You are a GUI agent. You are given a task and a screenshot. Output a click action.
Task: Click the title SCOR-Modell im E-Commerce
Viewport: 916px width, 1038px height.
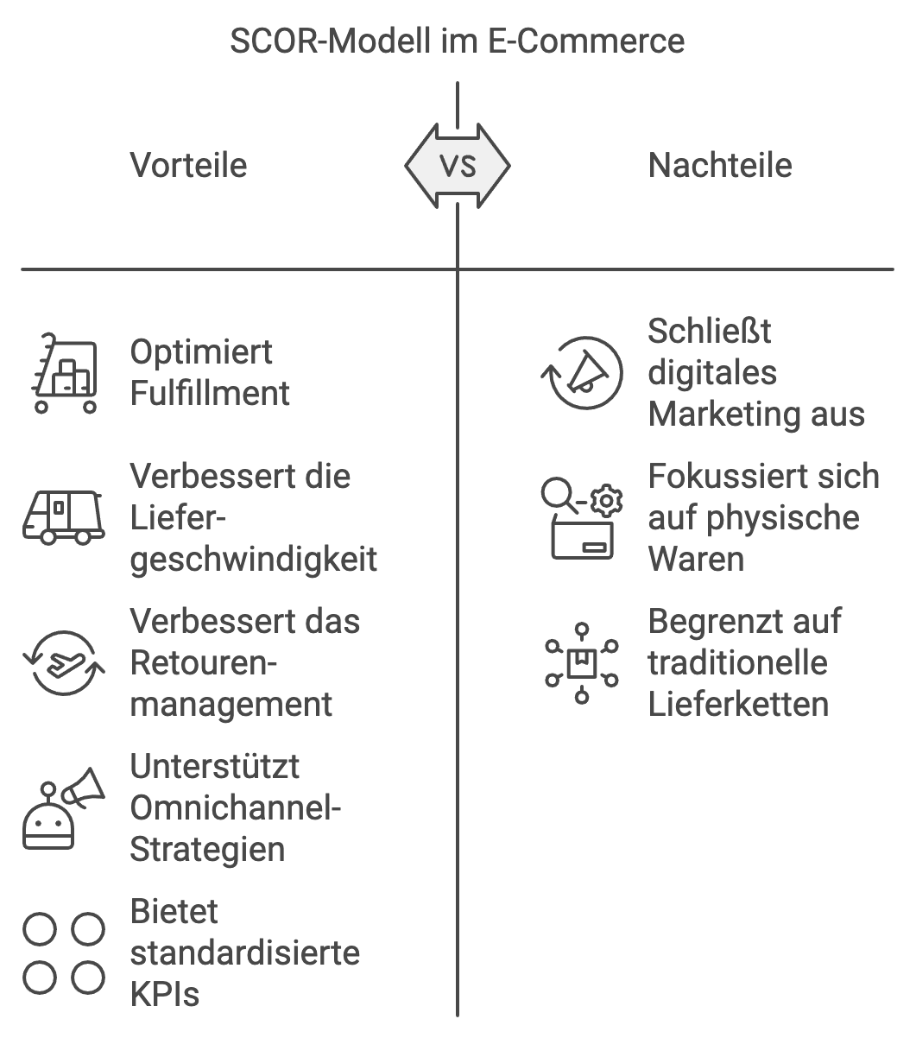point(457,41)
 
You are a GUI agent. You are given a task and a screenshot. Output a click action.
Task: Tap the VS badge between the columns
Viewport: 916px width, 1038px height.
point(458,165)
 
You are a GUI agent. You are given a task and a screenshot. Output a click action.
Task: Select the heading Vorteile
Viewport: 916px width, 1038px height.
point(188,165)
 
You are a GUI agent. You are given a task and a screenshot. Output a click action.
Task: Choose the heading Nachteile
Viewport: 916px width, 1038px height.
point(719,165)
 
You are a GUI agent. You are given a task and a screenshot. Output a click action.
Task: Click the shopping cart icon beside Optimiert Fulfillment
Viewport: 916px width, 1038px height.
point(64,374)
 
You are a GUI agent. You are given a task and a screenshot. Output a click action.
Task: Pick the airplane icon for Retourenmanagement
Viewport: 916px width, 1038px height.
point(63,662)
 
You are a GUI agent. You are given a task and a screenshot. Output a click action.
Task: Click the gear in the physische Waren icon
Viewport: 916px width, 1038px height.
point(609,499)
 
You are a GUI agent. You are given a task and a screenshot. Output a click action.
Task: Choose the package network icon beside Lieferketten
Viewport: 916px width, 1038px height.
point(582,662)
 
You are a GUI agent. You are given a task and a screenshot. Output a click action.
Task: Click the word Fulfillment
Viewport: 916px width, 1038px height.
point(210,394)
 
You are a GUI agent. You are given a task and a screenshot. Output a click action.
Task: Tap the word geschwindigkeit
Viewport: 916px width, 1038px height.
point(253,560)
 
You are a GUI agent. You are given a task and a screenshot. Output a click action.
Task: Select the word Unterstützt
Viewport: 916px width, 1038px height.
point(214,766)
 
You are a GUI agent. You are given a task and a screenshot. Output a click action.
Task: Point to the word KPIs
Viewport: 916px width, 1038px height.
point(164,994)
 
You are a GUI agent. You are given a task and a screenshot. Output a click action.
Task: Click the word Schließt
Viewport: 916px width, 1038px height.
point(709,331)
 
